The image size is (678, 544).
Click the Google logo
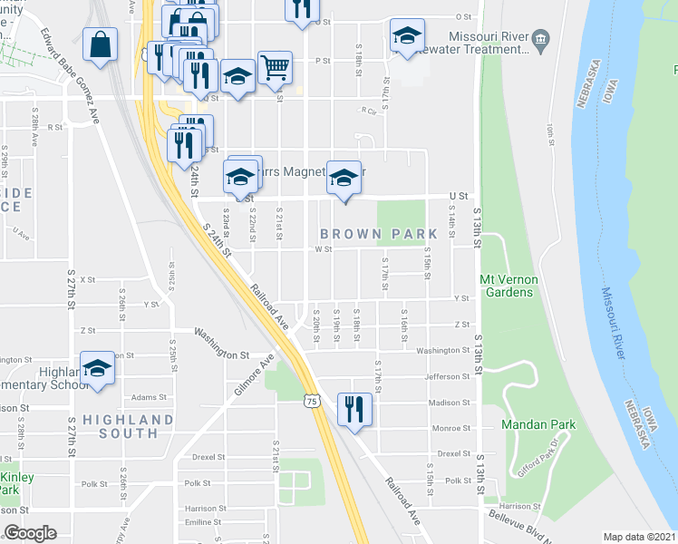coord(30,533)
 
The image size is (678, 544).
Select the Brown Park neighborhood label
coord(378,234)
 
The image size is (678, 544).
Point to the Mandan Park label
coord(528,424)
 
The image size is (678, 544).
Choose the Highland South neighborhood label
coord(127,427)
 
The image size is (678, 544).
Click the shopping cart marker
coord(274,67)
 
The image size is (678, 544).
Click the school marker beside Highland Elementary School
coord(97,368)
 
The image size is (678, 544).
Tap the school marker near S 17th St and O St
coord(407,37)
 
